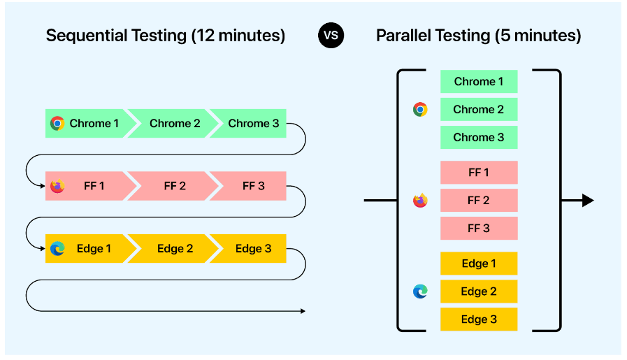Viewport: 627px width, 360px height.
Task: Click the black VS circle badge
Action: pyautogui.click(x=331, y=35)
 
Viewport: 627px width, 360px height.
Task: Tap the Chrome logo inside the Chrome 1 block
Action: pyautogui.click(x=57, y=123)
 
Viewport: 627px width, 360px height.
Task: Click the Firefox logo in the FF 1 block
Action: pyautogui.click(x=57, y=186)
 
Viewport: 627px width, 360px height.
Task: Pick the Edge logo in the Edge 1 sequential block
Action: pyautogui.click(x=57, y=248)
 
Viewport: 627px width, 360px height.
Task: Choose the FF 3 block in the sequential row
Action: pyautogui.click(x=250, y=186)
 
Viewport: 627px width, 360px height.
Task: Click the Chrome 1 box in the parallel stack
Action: pyautogui.click(x=479, y=82)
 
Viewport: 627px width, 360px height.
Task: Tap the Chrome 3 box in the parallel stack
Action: pyautogui.click(x=479, y=138)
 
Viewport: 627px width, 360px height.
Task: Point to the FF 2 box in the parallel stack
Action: pyautogui.click(x=479, y=201)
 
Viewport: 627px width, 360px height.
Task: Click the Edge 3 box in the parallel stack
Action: pyautogui.click(x=479, y=319)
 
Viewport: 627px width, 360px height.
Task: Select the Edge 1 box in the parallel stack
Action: pyautogui.click(x=479, y=264)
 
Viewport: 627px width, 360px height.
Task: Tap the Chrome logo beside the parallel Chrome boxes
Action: pyautogui.click(x=420, y=109)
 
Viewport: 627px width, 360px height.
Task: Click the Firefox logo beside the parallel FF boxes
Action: pyautogui.click(x=420, y=200)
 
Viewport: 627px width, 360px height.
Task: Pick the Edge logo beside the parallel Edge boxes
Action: pyautogui.click(x=420, y=291)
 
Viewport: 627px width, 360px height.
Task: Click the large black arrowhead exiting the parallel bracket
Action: pyautogui.click(x=587, y=201)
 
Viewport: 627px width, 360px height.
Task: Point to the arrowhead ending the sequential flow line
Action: pyautogui.click(x=303, y=311)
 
